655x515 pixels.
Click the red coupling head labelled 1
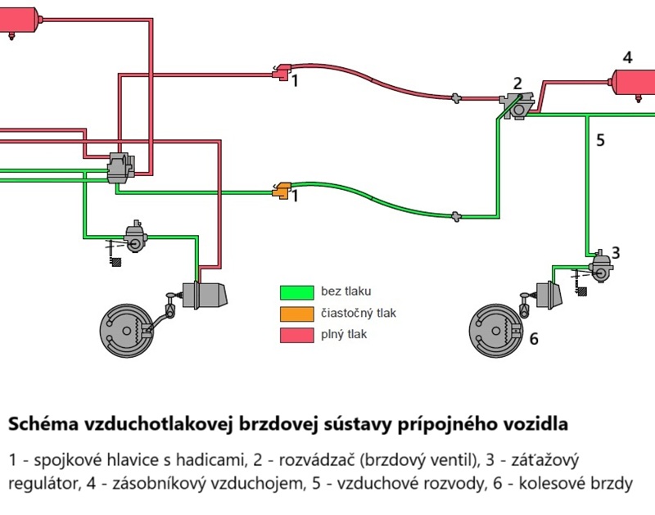pyautogui.click(x=282, y=73)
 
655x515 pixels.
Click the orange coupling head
pyautogui.click(x=282, y=191)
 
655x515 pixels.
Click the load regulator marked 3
pyautogui.click(x=602, y=265)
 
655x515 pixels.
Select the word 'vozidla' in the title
pyautogui.click(x=536, y=425)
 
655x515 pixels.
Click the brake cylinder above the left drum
pyautogui.click(x=205, y=296)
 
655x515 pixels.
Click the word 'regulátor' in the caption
pyautogui.click(x=42, y=483)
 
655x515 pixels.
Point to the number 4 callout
pyautogui.click(x=627, y=57)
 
